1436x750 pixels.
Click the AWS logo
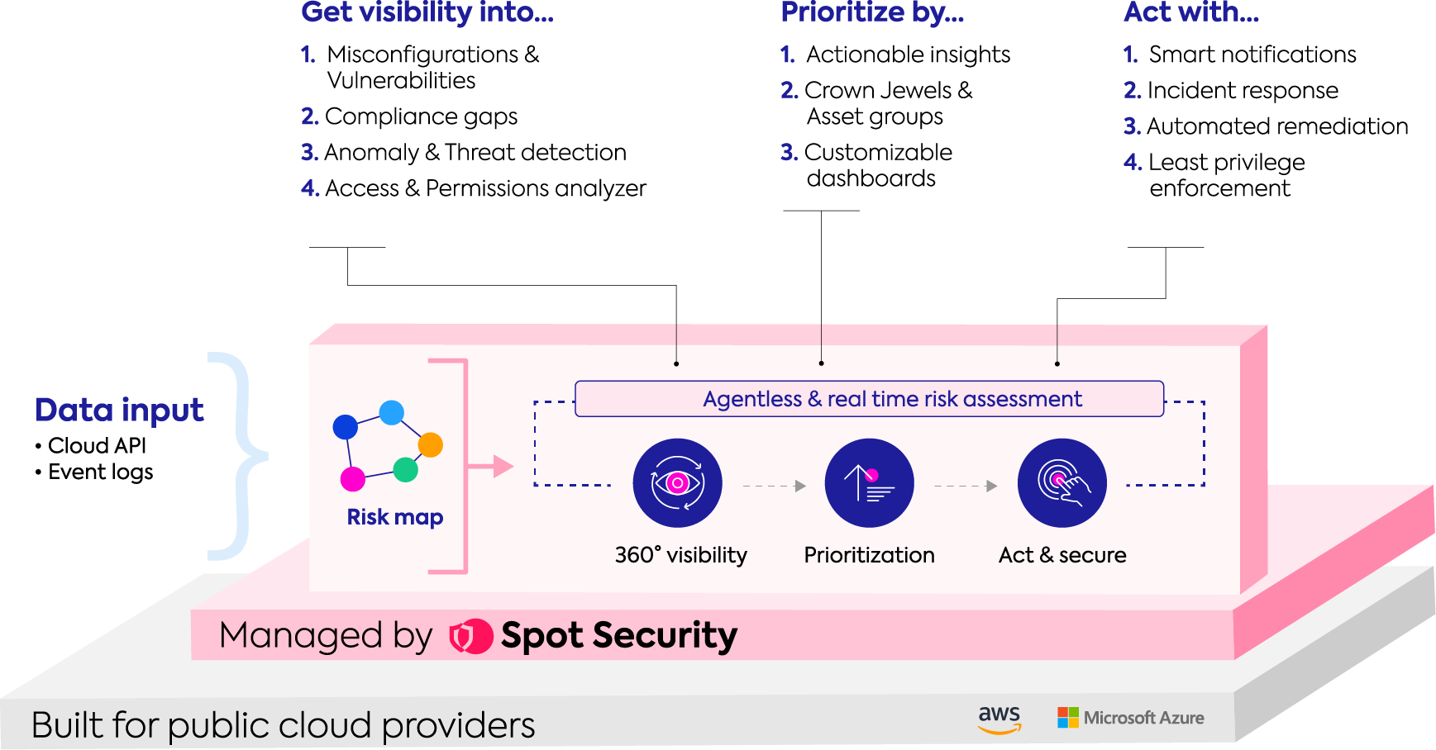click(999, 719)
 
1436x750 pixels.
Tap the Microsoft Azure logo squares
click(1068, 718)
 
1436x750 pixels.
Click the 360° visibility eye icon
click(677, 483)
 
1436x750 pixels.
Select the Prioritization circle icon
click(869, 483)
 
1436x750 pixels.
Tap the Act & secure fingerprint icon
click(1061, 483)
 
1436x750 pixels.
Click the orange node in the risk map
click(430, 445)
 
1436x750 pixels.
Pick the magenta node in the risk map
click(353, 478)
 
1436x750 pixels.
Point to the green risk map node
click(405, 469)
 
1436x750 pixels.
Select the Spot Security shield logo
click(470, 636)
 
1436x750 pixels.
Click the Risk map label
click(395, 517)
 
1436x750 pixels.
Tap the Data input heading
click(119, 410)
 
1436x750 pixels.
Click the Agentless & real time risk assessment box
click(869, 399)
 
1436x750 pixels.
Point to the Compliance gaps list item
click(409, 116)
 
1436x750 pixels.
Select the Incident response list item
click(1231, 90)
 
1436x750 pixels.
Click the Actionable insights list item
click(895, 55)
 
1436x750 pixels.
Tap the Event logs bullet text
click(94, 472)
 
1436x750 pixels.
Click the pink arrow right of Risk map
click(490, 467)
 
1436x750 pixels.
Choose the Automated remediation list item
click(1266, 126)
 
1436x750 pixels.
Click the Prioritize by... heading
click(872, 12)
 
